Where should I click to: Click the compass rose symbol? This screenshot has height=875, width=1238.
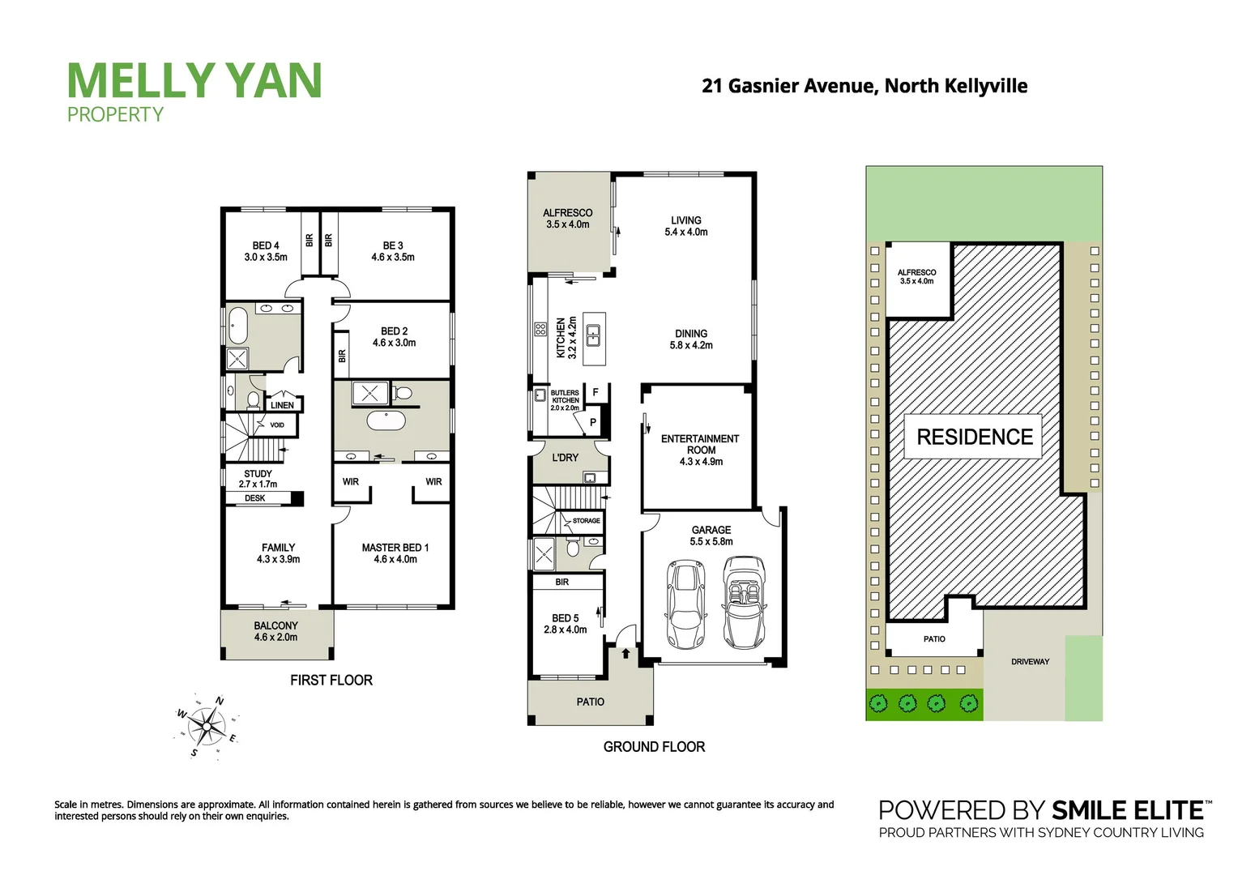(x=207, y=726)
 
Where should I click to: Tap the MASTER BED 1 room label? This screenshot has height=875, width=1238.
(x=395, y=553)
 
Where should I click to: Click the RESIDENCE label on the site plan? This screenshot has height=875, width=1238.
(x=974, y=437)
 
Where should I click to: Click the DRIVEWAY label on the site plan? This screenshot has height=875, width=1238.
(x=1030, y=662)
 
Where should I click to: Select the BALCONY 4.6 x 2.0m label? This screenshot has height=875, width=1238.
(x=275, y=631)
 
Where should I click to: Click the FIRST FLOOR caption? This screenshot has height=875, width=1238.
(x=331, y=681)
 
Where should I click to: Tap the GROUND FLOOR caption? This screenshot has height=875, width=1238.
(x=654, y=747)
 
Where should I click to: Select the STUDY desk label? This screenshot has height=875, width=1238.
(x=255, y=498)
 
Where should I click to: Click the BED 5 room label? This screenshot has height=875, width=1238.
(x=565, y=624)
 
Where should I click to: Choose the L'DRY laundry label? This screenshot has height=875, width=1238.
(x=565, y=458)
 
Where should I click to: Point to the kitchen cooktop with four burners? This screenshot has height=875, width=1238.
(x=540, y=329)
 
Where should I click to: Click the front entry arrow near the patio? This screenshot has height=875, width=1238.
(x=625, y=652)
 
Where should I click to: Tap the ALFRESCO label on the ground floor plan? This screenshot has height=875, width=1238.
(x=567, y=219)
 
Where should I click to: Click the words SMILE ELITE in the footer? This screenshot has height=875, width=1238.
(x=1127, y=810)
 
